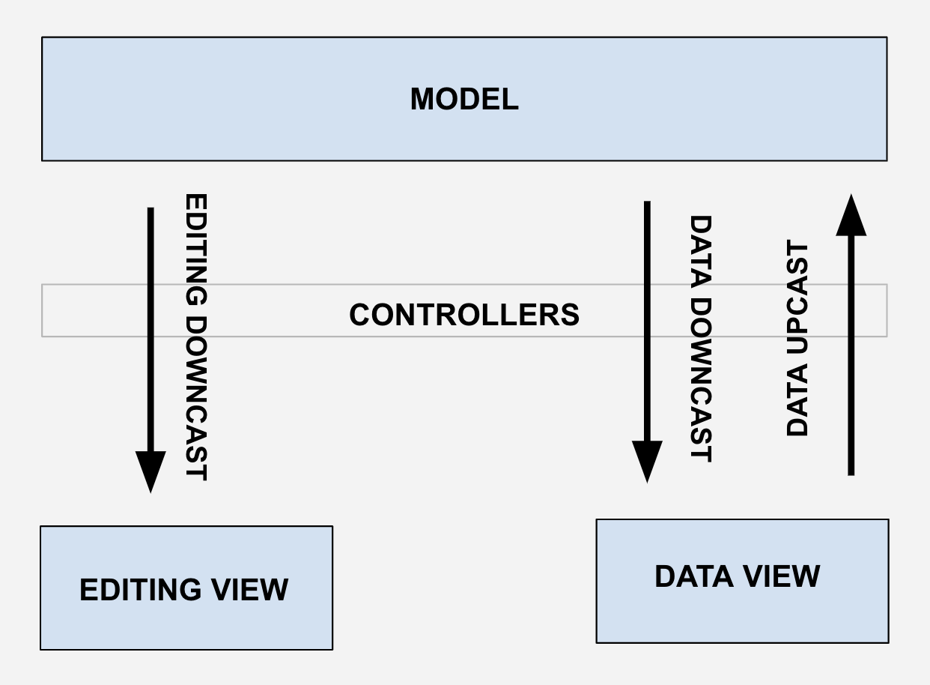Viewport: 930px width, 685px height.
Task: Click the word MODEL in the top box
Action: pyautogui.click(x=464, y=100)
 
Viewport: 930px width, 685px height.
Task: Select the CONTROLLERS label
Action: pyautogui.click(x=464, y=315)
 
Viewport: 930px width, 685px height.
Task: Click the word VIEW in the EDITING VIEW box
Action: pyautogui.click(x=249, y=590)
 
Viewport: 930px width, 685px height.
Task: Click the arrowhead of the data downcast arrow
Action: pyautogui.click(x=647, y=460)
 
